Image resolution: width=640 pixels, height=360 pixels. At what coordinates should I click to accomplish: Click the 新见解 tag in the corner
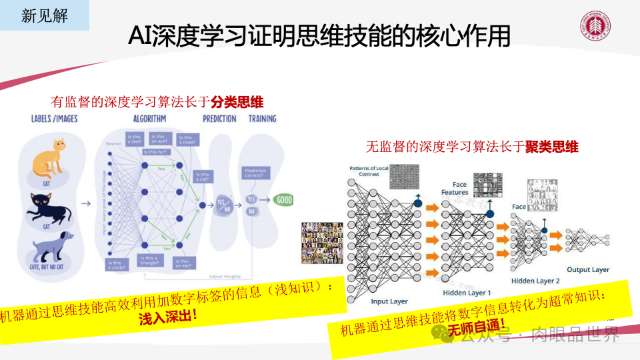coord(45,15)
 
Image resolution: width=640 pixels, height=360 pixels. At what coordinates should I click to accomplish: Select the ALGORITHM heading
coord(149,119)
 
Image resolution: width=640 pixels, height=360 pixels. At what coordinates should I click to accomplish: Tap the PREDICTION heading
coord(219,119)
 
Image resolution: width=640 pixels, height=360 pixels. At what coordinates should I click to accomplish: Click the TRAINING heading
coord(262,119)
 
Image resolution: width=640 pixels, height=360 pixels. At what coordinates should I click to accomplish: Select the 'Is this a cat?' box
coord(202,177)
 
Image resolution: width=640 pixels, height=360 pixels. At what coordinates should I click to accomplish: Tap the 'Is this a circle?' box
coord(117,265)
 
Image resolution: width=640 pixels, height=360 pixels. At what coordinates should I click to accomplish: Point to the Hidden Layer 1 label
coord(467,293)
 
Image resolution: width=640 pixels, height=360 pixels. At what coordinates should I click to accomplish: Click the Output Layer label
coord(588,269)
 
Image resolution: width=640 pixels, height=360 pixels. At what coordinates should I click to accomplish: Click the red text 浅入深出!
coord(167,316)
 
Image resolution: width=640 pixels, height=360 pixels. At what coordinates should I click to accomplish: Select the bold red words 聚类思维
coord(551,147)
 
